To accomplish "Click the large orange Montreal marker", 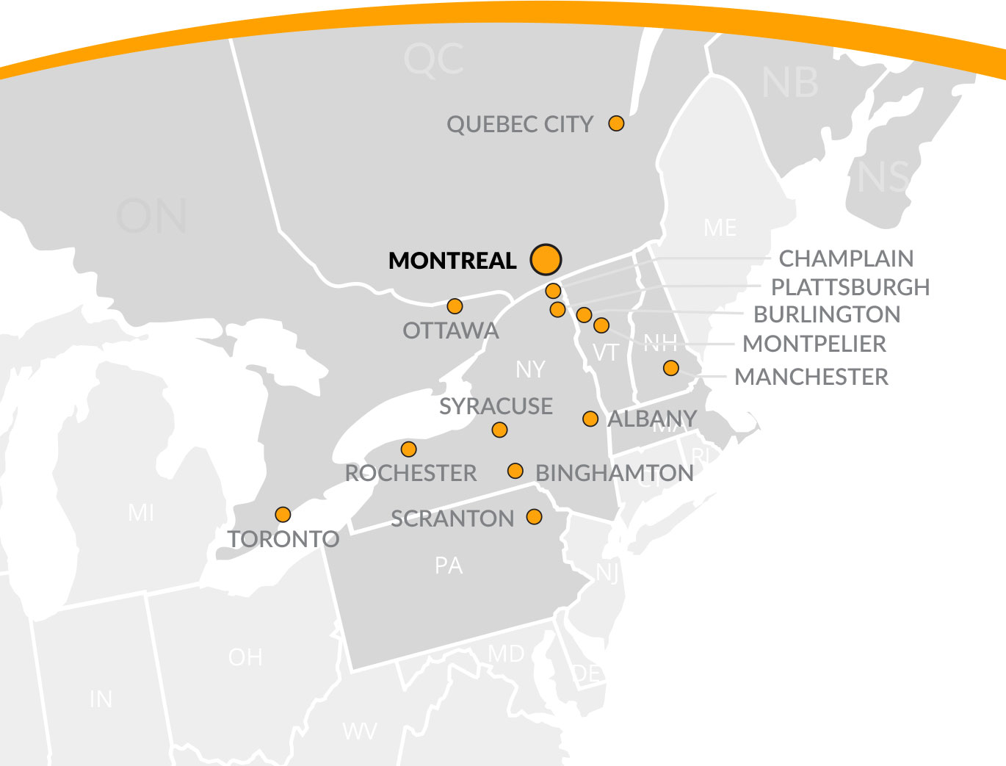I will tap(546, 259).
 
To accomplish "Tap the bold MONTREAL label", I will tap(452, 261).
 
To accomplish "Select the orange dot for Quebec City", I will tap(616, 123).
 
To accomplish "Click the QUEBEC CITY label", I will tap(520, 124).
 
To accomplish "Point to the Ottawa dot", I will tap(455, 306).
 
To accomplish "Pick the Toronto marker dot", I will tap(283, 515).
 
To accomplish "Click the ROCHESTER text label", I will tap(410, 473).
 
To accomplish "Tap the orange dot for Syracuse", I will tap(499, 430).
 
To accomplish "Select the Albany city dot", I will tap(590, 419).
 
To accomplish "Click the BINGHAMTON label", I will tap(615, 473).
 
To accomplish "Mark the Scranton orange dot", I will tap(535, 517).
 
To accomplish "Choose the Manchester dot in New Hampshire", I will tap(671, 368).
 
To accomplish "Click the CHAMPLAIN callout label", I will tap(846, 259).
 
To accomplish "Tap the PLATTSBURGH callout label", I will tap(850, 286).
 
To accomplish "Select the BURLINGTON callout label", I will tap(827, 314).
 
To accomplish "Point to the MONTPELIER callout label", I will tap(814, 344).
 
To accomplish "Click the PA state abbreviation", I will tap(449, 566).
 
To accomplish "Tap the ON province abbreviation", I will tap(151, 217).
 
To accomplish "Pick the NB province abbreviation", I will tap(790, 83).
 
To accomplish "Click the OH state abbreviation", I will tap(245, 657).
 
